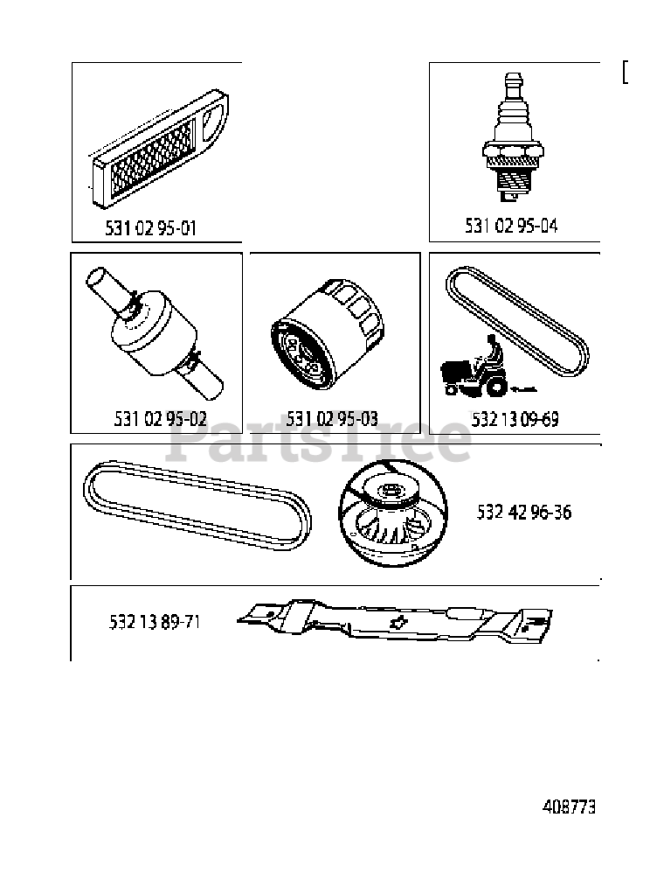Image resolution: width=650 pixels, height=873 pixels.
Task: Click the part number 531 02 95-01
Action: [x=150, y=228]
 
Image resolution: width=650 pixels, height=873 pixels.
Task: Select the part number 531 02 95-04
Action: [x=511, y=226]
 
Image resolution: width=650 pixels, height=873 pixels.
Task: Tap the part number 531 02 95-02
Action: [x=160, y=418]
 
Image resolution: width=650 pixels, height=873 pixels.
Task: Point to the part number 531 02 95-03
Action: [x=332, y=418]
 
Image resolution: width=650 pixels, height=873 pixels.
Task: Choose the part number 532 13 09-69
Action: [x=515, y=419]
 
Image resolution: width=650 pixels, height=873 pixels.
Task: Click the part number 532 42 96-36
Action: [x=524, y=512]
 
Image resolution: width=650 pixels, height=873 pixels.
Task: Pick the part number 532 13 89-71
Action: [x=155, y=621]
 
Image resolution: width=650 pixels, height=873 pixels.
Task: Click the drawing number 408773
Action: [x=569, y=807]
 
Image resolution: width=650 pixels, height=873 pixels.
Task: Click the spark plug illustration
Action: [x=512, y=137]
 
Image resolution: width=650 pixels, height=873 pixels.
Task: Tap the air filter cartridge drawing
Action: [x=159, y=150]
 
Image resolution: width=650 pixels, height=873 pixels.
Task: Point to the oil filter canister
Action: [x=328, y=336]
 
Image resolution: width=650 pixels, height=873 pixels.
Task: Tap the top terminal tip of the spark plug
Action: [x=512, y=74]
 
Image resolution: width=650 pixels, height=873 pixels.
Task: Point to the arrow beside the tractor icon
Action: [x=524, y=388]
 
